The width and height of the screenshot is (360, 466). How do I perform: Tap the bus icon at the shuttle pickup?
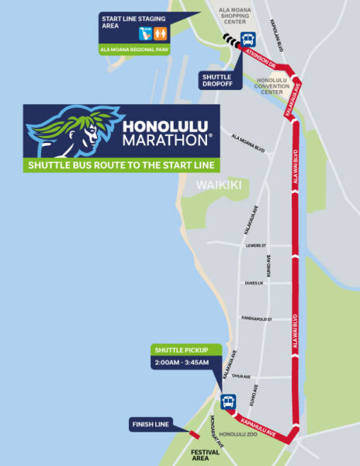pos(228,402)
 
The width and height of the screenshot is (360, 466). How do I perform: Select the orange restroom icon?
pos(161,33)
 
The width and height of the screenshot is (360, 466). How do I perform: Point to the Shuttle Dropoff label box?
pos(216,80)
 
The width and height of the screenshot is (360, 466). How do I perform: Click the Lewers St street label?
pos(254,245)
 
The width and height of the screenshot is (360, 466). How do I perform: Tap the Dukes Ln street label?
pos(254,283)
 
